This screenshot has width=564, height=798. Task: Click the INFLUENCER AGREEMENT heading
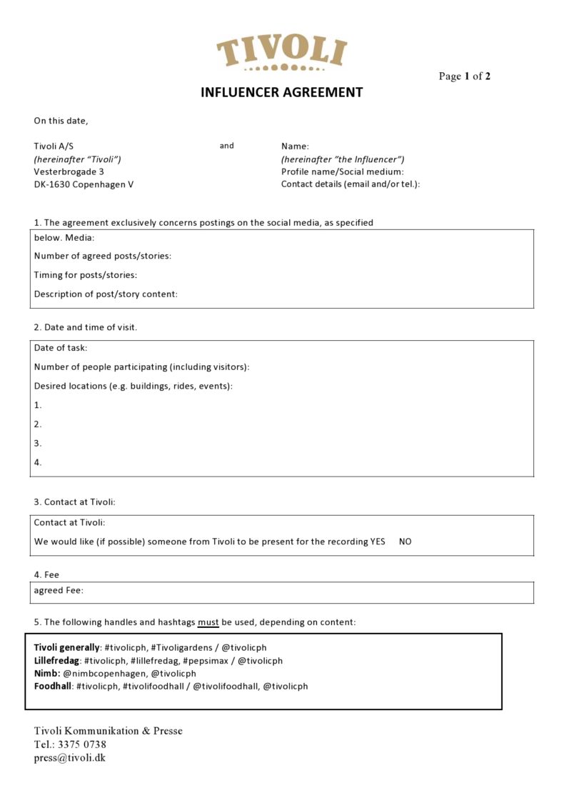[281, 92]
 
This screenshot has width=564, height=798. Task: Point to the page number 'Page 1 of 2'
[464, 76]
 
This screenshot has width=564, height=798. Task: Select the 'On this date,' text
[61, 121]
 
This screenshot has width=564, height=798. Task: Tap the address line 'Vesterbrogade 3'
[69, 171]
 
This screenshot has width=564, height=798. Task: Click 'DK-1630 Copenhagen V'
[84, 184]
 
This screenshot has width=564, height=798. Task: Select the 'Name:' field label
[295, 146]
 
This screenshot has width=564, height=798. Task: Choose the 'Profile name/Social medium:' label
[342, 171]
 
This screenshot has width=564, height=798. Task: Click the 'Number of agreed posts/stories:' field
[103, 256]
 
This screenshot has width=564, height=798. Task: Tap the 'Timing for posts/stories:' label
[86, 275]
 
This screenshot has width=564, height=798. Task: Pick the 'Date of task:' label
[61, 348]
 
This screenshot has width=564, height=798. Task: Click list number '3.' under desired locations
[38, 443]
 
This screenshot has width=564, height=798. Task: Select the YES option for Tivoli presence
[378, 542]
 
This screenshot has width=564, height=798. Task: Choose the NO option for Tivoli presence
[405, 542]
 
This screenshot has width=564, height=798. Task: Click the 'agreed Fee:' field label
[59, 590]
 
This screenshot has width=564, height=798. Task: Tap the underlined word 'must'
[208, 622]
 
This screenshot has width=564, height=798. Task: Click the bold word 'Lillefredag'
[57, 661]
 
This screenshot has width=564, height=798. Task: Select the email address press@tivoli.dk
[69, 757]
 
